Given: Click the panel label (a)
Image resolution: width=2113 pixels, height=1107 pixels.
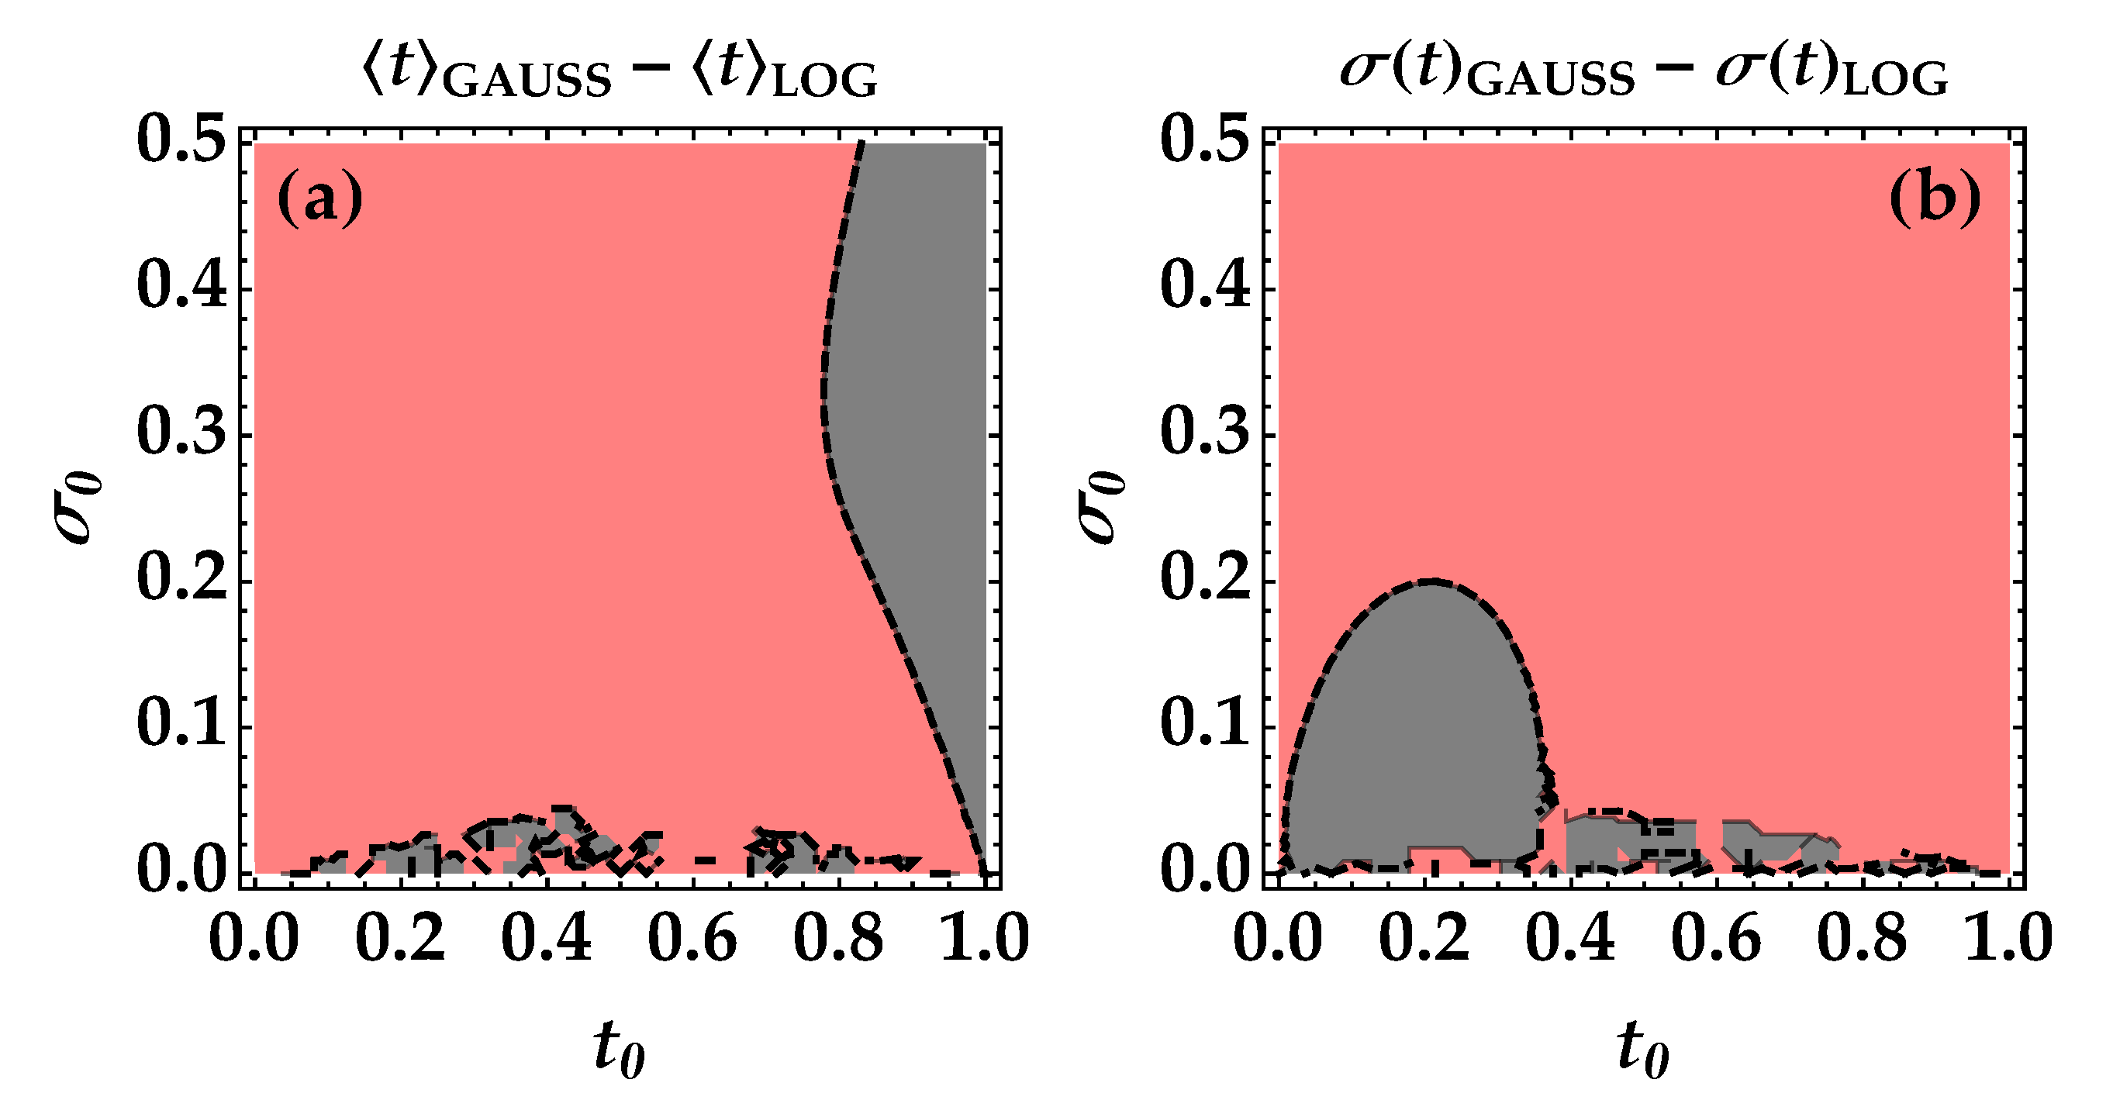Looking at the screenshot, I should pyautogui.click(x=320, y=200).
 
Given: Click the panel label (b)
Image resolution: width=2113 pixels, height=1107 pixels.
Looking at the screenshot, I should pyautogui.click(x=1934, y=200).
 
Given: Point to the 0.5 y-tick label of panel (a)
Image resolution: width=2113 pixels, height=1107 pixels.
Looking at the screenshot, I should pyautogui.click(x=181, y=141).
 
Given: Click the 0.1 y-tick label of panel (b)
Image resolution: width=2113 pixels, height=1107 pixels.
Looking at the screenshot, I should pyautogui.click(x=1205, y=726).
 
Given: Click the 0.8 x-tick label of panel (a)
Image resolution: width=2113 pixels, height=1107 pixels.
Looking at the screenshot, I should pyautogui.click(x=838, y=938).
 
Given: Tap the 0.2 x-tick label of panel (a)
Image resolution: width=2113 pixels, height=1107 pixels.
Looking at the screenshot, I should pyautogui.click(x=400, y=938).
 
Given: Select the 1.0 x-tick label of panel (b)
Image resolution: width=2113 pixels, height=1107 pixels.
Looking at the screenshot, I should pyautogui.click(x=2008, y=938).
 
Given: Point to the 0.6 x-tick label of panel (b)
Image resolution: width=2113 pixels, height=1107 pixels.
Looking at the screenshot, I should pyautogui.click(x=1716, y=938).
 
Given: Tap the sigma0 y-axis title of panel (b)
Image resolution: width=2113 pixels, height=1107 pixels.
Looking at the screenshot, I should pyautogui.click(x=1101, y=509).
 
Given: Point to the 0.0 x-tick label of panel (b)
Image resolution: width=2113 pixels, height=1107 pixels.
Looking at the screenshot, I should pyautogui.click(x=1278, y=938).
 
